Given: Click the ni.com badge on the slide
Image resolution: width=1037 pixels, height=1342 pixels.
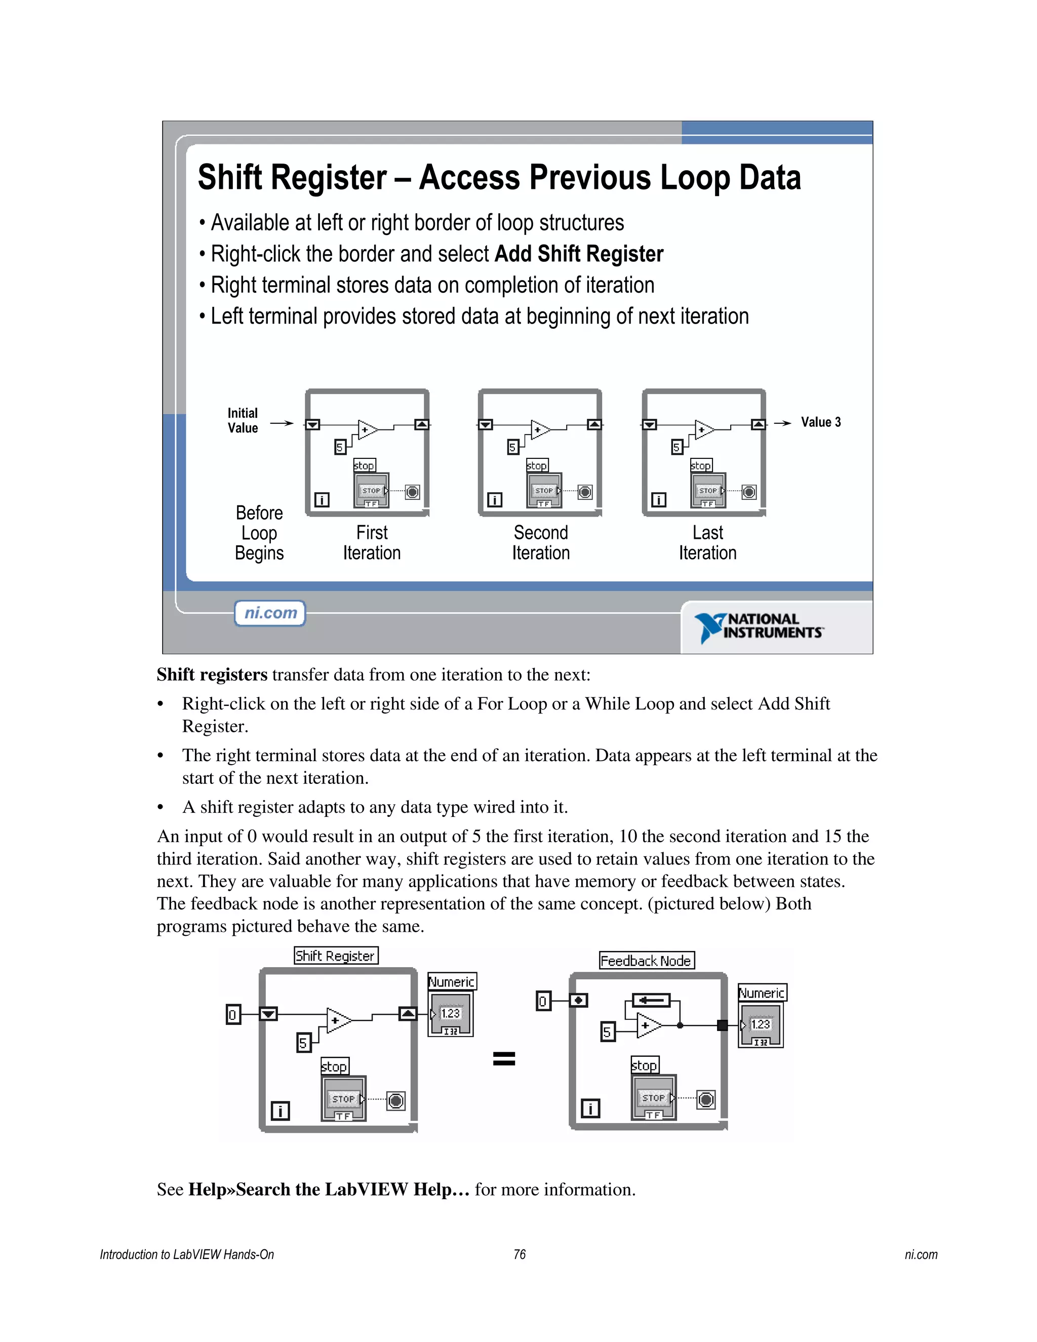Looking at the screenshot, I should (270, 613).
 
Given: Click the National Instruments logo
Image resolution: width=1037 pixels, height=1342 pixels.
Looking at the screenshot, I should (760, 627).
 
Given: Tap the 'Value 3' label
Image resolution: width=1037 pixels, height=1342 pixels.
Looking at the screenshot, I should (820, 422).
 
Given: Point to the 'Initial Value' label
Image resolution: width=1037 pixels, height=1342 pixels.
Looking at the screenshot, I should (243, 421).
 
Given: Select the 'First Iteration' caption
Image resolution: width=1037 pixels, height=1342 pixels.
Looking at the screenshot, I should (372, 542).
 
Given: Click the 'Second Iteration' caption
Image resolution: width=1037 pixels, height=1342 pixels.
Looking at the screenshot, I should (541, 542).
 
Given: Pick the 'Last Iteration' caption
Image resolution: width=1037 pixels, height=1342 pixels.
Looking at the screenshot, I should (707, 542).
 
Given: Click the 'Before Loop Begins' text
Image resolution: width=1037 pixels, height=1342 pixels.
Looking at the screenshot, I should (259, 533).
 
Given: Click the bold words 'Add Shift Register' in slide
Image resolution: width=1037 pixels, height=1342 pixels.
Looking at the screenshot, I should (579, 254).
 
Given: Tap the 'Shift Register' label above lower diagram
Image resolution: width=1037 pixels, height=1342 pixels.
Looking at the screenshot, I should (335, 956).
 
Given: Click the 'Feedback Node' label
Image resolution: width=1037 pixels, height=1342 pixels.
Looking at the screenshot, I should (646, 960).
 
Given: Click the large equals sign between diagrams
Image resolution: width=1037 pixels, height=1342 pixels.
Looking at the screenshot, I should (504, 1058).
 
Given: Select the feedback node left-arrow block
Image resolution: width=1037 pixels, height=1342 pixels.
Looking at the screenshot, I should (651, 1000).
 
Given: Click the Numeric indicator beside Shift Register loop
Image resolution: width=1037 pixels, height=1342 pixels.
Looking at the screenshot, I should (451, 1014).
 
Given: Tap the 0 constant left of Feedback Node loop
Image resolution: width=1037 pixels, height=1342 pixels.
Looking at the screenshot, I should (543, 1002).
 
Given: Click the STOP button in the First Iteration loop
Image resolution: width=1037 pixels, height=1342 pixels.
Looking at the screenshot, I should (371, 490).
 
